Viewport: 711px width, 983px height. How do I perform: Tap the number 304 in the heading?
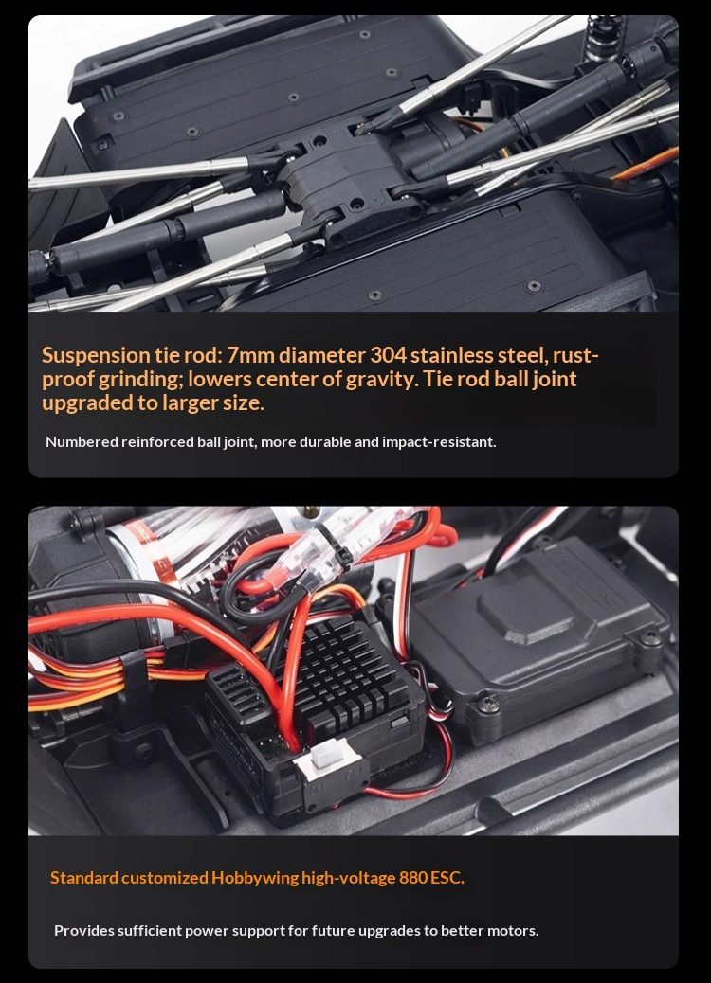coord(387,355)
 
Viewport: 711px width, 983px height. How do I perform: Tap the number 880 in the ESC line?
coord(413,878)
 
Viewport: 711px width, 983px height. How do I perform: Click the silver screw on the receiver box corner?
coord(488,705)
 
